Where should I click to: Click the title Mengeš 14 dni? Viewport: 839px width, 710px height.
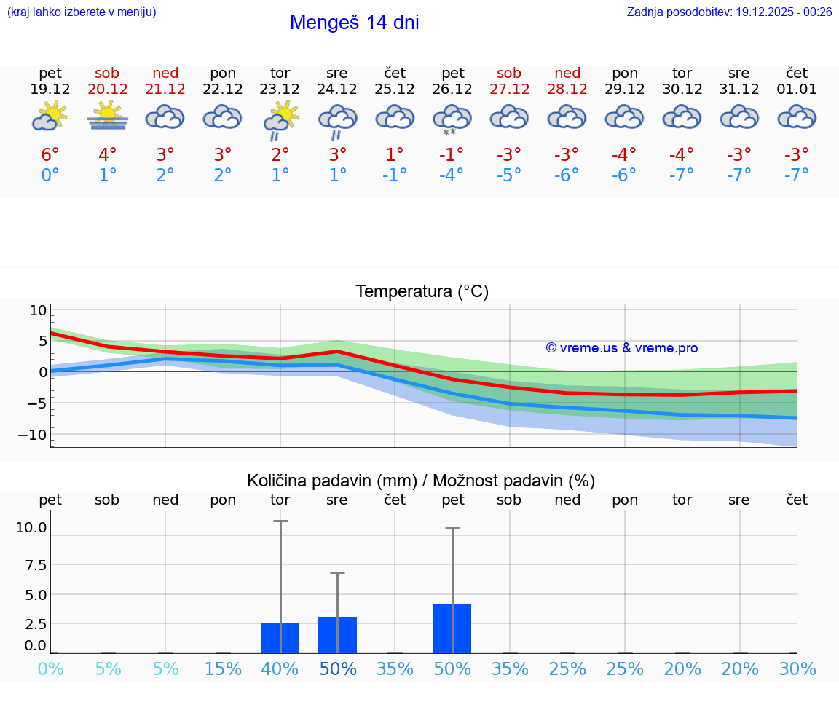[354, 23]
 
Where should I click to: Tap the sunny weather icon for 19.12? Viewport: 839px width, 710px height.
[50, 116]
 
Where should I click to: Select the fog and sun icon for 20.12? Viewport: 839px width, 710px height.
[108, 116]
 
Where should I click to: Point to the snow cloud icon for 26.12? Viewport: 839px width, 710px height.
[452, 119]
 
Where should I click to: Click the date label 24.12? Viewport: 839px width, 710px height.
[337, 90]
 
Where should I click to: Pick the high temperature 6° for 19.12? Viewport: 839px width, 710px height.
[50, 154]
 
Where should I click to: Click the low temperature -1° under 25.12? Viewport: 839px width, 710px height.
[395, 175]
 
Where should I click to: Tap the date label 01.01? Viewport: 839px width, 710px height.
[797, 90]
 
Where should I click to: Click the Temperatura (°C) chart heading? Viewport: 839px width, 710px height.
[422, 292]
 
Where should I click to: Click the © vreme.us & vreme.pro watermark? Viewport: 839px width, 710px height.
[622, 348]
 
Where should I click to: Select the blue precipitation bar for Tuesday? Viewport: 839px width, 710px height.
[280, 638]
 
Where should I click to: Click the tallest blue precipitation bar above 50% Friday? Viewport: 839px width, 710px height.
[452, 629]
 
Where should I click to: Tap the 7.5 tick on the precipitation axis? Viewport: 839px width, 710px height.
[31, 565]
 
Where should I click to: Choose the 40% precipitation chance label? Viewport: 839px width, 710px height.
[280, 668]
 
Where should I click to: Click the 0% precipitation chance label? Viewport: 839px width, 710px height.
[50, 668]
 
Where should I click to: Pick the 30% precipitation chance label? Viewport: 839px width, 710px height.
[797, 668]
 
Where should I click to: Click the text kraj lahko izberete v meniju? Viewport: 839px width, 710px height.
[81, 12]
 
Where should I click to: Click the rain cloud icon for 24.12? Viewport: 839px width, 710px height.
[337, 119]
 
